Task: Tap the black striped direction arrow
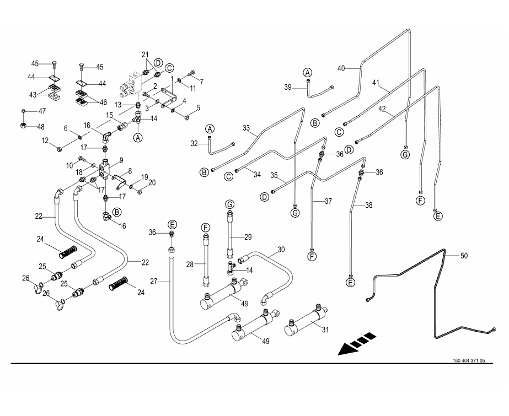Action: (x=356, y=344)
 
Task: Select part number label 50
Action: (x=463, y=256)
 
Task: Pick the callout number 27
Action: (x=154, y=282)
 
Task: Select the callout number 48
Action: (x=41, y=127)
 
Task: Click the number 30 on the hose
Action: (x=281, y=250)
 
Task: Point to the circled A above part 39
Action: (x=308, y=73)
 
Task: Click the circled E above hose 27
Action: (x=173, y=224)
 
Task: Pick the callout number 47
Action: (x=41, y=111)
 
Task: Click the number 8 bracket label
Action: (x=130, y=171)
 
